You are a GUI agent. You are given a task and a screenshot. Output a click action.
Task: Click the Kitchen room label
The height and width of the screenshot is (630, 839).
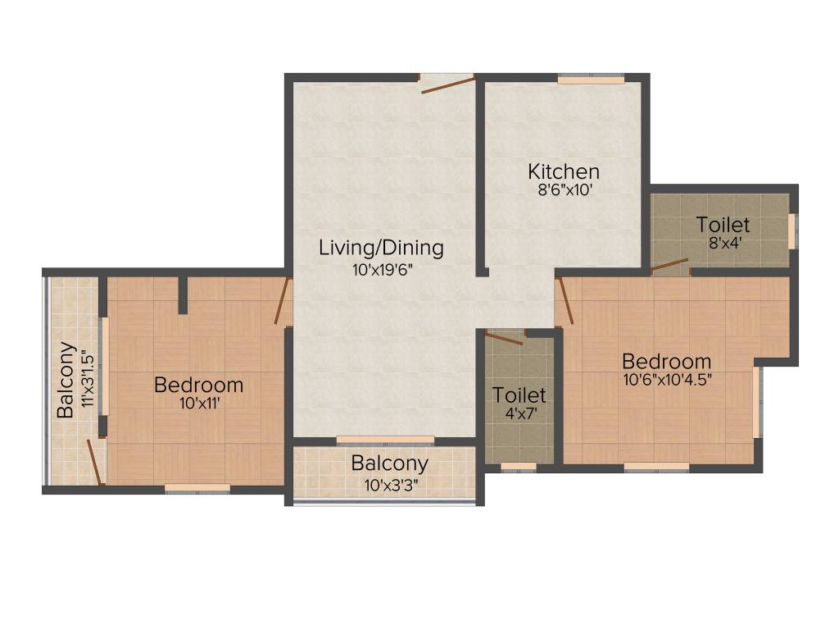click(563, 172)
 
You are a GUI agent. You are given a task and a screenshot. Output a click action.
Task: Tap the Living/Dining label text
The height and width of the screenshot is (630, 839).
click(381, 247)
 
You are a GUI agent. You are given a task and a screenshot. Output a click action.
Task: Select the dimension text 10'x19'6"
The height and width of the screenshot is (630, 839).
click(381, 270)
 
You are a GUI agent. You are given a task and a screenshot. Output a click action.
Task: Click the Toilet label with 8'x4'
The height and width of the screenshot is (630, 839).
click(723, 224)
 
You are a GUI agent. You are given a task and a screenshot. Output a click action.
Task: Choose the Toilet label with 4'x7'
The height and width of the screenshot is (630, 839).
click(519, 395)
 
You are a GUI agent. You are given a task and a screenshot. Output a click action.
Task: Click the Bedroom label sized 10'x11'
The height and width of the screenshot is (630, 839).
click(198, 384)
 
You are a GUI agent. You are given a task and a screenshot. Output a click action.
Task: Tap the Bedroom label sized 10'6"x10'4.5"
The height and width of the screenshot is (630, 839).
click(666, 361)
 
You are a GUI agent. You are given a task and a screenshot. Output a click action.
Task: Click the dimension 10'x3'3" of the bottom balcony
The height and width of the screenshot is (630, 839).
click(389, 484)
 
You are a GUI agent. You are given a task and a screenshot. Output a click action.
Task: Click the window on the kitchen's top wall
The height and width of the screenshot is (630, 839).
click(591, 79)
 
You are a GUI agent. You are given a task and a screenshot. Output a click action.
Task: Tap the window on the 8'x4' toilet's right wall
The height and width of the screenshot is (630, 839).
click(791, 231)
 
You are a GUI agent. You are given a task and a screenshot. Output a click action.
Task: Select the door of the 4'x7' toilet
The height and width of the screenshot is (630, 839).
click(503, 337)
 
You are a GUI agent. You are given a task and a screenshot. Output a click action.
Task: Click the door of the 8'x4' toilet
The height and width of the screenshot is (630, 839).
click(669, 266)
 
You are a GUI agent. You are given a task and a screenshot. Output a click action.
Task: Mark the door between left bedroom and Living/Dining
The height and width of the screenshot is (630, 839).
click(283, 302)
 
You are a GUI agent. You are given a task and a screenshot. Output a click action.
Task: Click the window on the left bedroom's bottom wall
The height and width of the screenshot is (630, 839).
click(197, 488)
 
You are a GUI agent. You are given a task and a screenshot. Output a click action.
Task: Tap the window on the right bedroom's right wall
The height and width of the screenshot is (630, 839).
click(756, 403)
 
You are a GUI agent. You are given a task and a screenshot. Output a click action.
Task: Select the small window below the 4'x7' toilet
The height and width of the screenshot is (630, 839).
click(518, 467)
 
